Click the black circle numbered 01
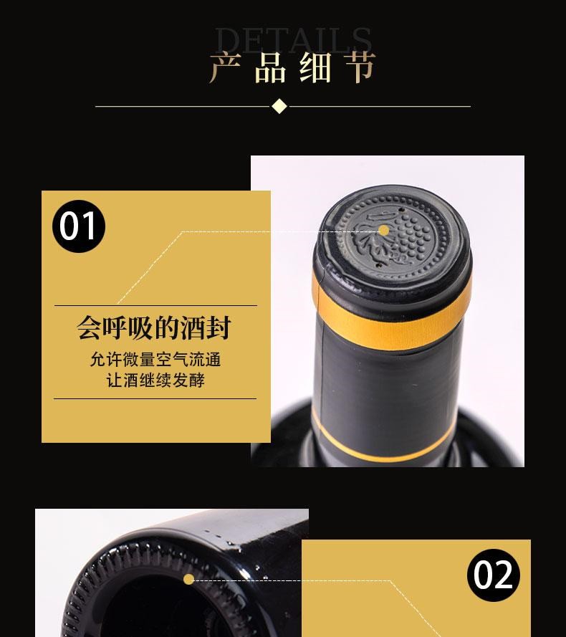tap(79, 226)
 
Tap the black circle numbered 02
tap(494, 575)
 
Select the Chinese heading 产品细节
tap(292, 67)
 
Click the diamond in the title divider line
tap(279, 107)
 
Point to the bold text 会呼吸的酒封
tap(154, 329)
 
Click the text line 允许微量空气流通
tap(155, 360)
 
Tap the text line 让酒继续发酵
tap(155, 380)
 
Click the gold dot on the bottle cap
tap(384, 230)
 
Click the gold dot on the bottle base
tap(188, 579)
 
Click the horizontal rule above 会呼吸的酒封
tap(155, 306)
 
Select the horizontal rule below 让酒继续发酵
tap(155, 398)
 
